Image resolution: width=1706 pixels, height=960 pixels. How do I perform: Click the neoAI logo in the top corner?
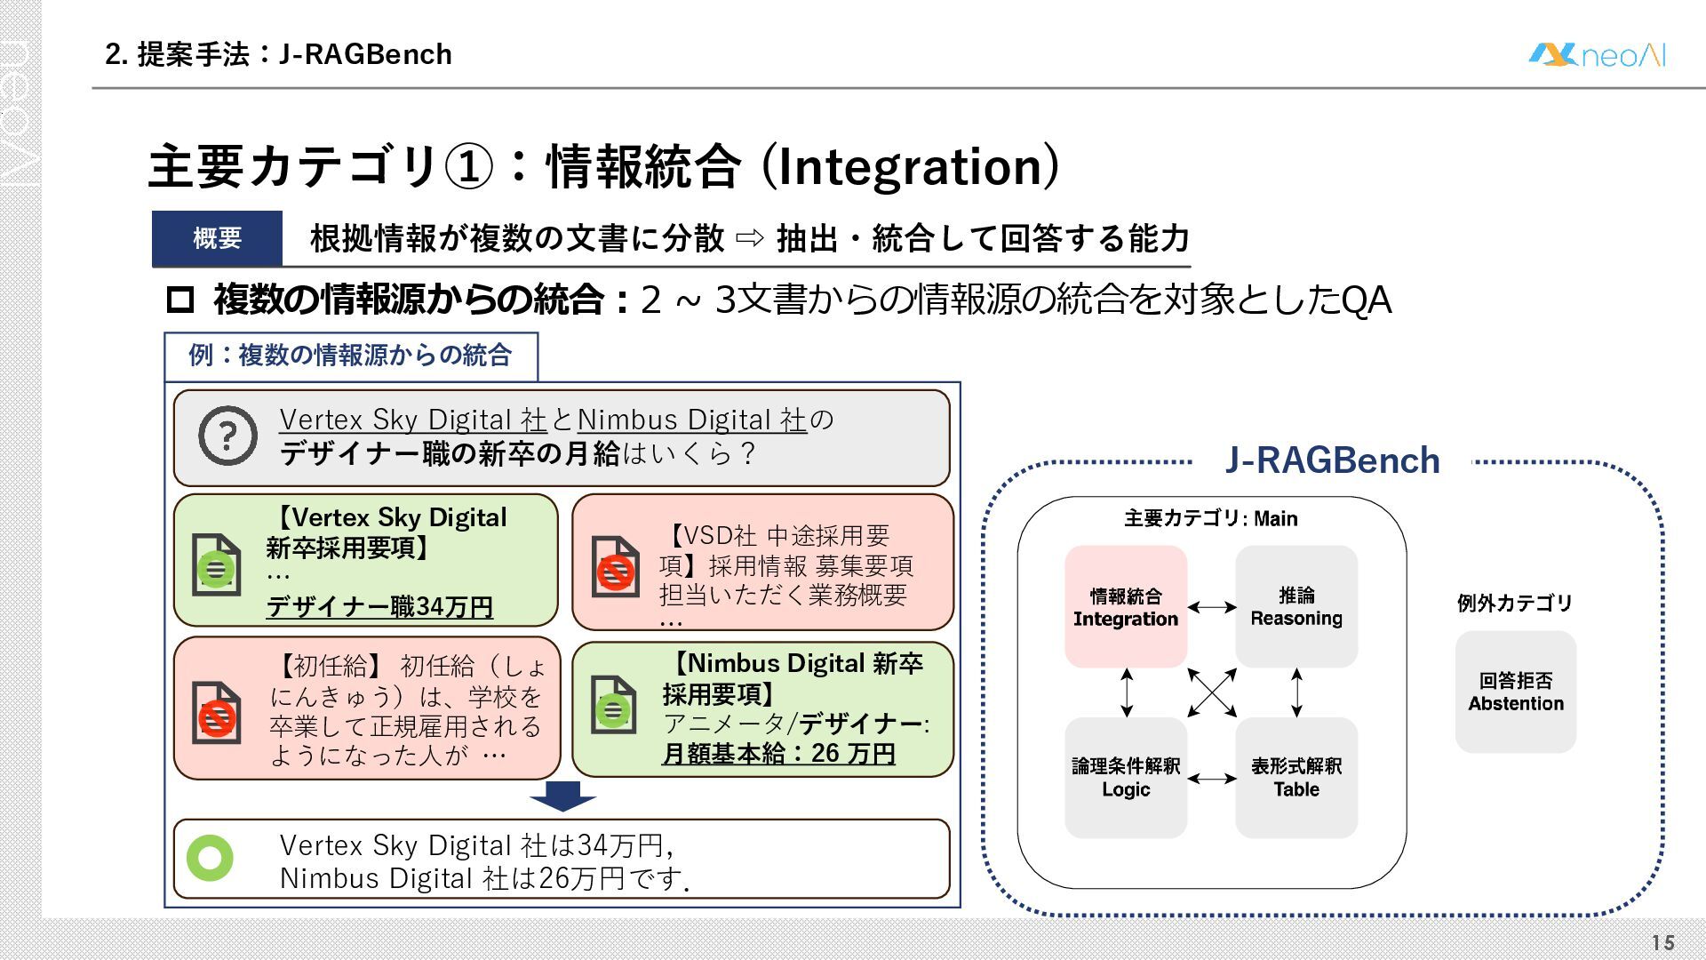pos(1597,55)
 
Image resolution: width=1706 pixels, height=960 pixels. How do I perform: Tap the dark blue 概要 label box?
pos(217,238)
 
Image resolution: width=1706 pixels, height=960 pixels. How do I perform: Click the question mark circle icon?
pos(227,436)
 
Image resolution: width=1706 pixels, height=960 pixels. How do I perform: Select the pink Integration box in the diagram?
pos(1125,606)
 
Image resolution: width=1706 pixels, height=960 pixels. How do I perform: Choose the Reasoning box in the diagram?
pos(1295,606)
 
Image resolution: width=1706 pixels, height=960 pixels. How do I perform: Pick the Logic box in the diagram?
pos(1125,777)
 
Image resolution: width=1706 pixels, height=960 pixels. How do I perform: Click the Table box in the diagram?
pos(1295,777)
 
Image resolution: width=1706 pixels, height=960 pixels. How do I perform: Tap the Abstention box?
pos(1515,692)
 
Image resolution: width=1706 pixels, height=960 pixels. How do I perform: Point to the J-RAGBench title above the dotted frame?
pos(1331,460)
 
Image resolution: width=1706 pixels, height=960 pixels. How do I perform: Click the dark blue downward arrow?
pos(562,796)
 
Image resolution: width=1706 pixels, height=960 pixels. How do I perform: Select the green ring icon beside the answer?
pos(211,858)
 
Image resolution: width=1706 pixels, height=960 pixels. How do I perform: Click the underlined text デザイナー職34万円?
pos(379,606)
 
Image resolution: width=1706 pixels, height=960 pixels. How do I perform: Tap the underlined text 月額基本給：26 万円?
pos(778,754)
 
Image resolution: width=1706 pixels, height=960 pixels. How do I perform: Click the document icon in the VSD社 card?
pos(615,567)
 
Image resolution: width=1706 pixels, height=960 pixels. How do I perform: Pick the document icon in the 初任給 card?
pos(216,713)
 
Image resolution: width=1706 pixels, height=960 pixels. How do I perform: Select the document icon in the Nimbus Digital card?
pos(613,706)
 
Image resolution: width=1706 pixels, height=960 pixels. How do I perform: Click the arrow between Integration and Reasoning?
pos(1211,607)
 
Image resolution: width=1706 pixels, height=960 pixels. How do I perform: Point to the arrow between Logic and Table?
pos(1211,779)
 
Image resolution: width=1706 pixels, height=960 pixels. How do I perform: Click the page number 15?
pos(1662,942)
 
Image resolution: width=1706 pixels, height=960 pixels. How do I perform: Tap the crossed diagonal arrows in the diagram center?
pos(1212,692)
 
